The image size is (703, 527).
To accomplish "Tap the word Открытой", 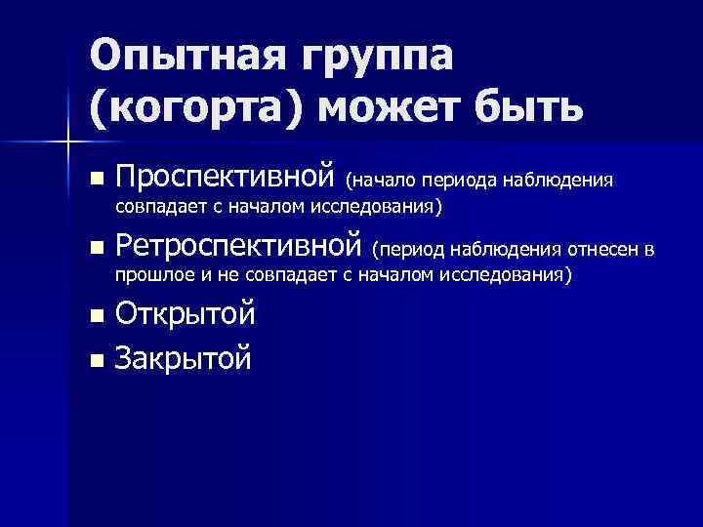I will (x=186, y=315).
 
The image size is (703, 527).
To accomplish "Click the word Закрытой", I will (x=184, y=358).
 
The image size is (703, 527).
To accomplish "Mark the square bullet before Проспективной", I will (x=95, y=180).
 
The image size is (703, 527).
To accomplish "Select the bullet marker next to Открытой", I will (x=95, y=316).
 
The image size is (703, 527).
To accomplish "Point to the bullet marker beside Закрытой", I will (x=95, y=360).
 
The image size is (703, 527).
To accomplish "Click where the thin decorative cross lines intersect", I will (x=68, y=144).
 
